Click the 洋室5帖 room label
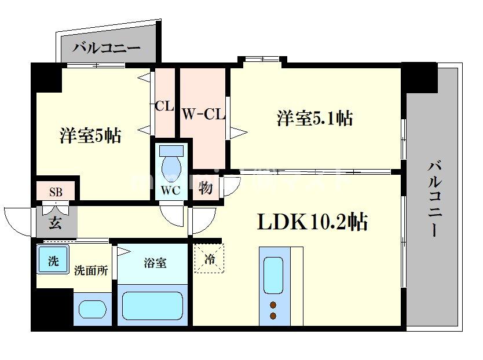[90, 136]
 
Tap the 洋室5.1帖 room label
[314, 118]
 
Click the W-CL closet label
[202, 114]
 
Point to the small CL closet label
[164, 106]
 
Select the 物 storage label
[205, 188]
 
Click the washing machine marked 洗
[53, 260]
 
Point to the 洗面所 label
[90, 270]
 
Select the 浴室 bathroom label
[155, 263]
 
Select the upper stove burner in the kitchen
[273, 305]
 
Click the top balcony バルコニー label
[106, 47]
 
